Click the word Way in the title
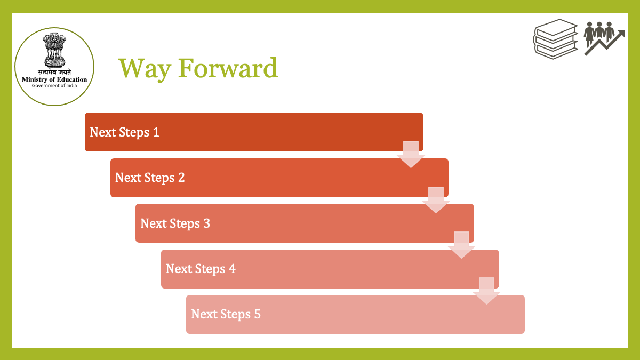(145, 69)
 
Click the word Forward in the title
(228, 68)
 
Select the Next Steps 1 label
(124, 132)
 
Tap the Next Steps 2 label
(150, 178)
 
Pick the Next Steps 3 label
(175, 223)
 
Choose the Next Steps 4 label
(201, 269)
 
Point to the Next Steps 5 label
(226, 314)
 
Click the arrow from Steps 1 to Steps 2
(411, 154)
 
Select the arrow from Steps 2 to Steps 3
(436, 200)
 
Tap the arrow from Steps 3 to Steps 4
(461, 245)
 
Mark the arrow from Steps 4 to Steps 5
(486, 291)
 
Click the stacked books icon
(555, 39)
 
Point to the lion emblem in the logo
(54, 50)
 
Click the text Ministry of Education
(54, 79)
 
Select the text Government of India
(54, 86)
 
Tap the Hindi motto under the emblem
(54, 72)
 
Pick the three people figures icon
(599, 34)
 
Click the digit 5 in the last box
(258, 314)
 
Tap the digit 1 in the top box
(156, 132)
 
